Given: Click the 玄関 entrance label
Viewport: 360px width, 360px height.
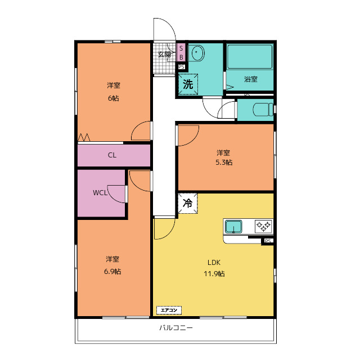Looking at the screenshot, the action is point(164,55).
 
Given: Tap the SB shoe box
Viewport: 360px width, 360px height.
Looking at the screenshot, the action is point(181,52).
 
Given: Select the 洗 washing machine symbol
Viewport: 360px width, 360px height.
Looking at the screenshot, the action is point(188,84).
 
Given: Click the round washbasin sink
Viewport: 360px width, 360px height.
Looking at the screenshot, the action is point(196,53).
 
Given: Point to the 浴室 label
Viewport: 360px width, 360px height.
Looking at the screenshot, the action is point(251,79).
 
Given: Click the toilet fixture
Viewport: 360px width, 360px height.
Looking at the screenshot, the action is point(263,110).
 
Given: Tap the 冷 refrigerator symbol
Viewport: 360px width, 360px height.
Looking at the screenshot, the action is point(187,203).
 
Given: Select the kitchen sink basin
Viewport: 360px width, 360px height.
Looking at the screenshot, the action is point(233,226).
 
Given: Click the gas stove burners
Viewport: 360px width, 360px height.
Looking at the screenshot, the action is point(263,226).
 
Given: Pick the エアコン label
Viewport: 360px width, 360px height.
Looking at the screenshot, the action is point(169,310).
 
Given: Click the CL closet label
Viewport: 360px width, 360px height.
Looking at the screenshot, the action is point(112,155).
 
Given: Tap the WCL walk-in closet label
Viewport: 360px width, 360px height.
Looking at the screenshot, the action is point(100,192).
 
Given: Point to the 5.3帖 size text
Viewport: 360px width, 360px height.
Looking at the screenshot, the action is point(224,163).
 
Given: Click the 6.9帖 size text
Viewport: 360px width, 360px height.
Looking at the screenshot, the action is point(112,272).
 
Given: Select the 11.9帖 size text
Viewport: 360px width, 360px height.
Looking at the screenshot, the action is point(214,274).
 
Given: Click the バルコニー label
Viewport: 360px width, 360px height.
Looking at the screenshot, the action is point(176,327).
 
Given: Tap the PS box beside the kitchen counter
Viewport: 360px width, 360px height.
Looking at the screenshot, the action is point(268,241).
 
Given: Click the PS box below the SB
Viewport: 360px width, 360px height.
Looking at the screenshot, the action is point(181,67).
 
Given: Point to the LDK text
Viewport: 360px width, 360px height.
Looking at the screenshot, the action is point(214,263).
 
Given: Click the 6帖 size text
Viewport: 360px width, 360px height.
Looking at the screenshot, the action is point(114,98).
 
